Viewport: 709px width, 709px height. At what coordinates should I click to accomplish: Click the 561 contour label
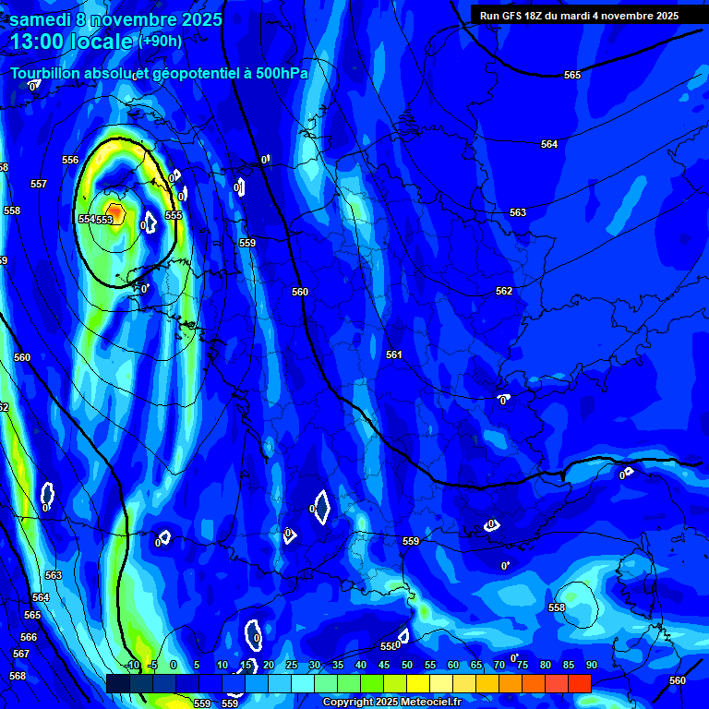(394, 354)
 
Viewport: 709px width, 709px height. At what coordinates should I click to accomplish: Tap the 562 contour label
(503, 291)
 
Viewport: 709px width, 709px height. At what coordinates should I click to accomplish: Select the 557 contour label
(38, 184)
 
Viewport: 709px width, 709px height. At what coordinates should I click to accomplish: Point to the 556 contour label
(70, 160)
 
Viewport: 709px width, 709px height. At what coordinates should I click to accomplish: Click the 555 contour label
(174, 215)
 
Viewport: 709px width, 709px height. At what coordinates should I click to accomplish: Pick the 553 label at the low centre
(104, 219)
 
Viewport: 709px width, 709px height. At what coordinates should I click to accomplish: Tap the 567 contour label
(21, 654)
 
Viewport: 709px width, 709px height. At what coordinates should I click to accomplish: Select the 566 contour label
(29, 637)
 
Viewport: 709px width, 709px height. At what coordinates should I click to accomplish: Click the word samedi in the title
(41, 19)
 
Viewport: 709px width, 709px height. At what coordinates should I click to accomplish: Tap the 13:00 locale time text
(72, 42)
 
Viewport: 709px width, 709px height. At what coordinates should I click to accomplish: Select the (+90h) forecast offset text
(161, 41)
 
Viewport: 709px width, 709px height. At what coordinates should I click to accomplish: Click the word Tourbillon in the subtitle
(46, 73)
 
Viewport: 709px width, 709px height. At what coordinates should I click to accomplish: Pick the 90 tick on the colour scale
(591, 665)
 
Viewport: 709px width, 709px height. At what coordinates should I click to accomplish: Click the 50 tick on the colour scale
(407, 665)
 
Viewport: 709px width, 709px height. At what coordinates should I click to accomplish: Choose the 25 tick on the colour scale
(292, 665)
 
